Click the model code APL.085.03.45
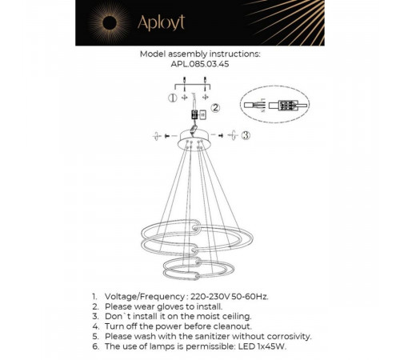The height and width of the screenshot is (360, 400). (x=199, y=66)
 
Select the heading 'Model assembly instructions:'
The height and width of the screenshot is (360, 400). (x=199, y=55)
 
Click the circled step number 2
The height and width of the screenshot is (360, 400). (x=214, y=110)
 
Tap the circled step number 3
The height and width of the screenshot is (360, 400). (x=246, y=136)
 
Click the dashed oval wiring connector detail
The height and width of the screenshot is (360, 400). (x=274, y=105)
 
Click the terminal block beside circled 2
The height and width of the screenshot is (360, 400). (x=202, y=114)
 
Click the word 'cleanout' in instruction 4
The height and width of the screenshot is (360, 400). (x=230, y=326)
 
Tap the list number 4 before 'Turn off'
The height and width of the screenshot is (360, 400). (x=95, y=326)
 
